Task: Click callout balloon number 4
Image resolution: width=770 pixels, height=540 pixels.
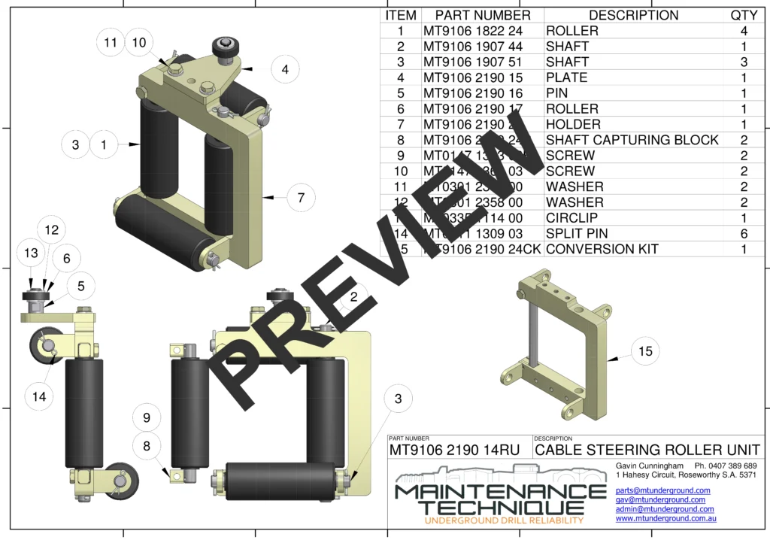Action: (285, 70)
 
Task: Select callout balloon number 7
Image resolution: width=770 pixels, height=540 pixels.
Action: (301, 199)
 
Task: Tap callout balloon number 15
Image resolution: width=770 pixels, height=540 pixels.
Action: (646, 350)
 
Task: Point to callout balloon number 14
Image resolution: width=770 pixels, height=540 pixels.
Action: (39, 396)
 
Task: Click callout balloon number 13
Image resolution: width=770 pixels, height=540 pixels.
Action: (31, 254)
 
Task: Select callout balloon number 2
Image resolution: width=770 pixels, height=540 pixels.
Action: (353, 298)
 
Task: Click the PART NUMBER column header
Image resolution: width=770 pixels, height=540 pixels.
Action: (482, 15)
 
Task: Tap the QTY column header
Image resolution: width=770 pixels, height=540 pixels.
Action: (744, 15)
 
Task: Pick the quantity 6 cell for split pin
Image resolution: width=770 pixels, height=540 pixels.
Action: (744, 234)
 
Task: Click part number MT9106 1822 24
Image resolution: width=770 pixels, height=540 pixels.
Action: (472, 31)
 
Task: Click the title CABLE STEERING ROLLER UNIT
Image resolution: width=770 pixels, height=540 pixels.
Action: (647, 451)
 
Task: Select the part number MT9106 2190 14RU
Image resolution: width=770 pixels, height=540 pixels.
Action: (454, 451)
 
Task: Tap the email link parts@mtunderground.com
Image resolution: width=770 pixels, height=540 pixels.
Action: (663, 490)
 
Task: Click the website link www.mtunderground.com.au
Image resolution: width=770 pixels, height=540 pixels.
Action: (665, 518)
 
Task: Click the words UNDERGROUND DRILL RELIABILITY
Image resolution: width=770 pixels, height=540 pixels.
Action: (504, 520)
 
